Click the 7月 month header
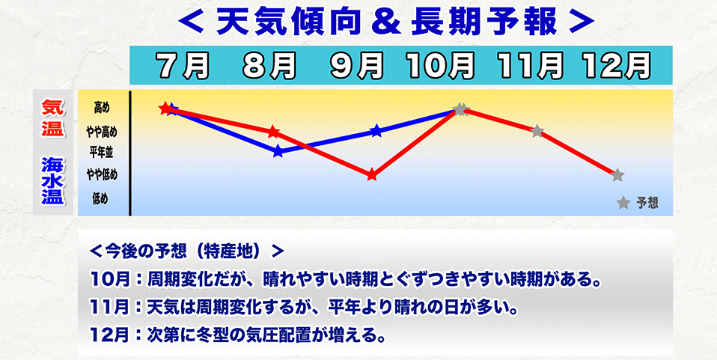[x=184, y=67]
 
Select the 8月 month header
[x=270, y=67]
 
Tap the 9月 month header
[x=357, y=67]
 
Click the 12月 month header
[x=617, y=67]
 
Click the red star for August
[x=273, y=131]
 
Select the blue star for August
[x=278, y=151]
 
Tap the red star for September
[x=372, y=175]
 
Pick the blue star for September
[x=376, y=132]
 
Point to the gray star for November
[x=537, y=131]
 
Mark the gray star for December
[x=617, y=175]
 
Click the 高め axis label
[x=101, y=109]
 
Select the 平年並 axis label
[x=101, y=153]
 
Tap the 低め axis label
[x=101, y=198]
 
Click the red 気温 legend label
[x=53, y=118]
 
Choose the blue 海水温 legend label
[x=53, y=180]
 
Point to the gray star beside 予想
[x=623, y=203]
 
